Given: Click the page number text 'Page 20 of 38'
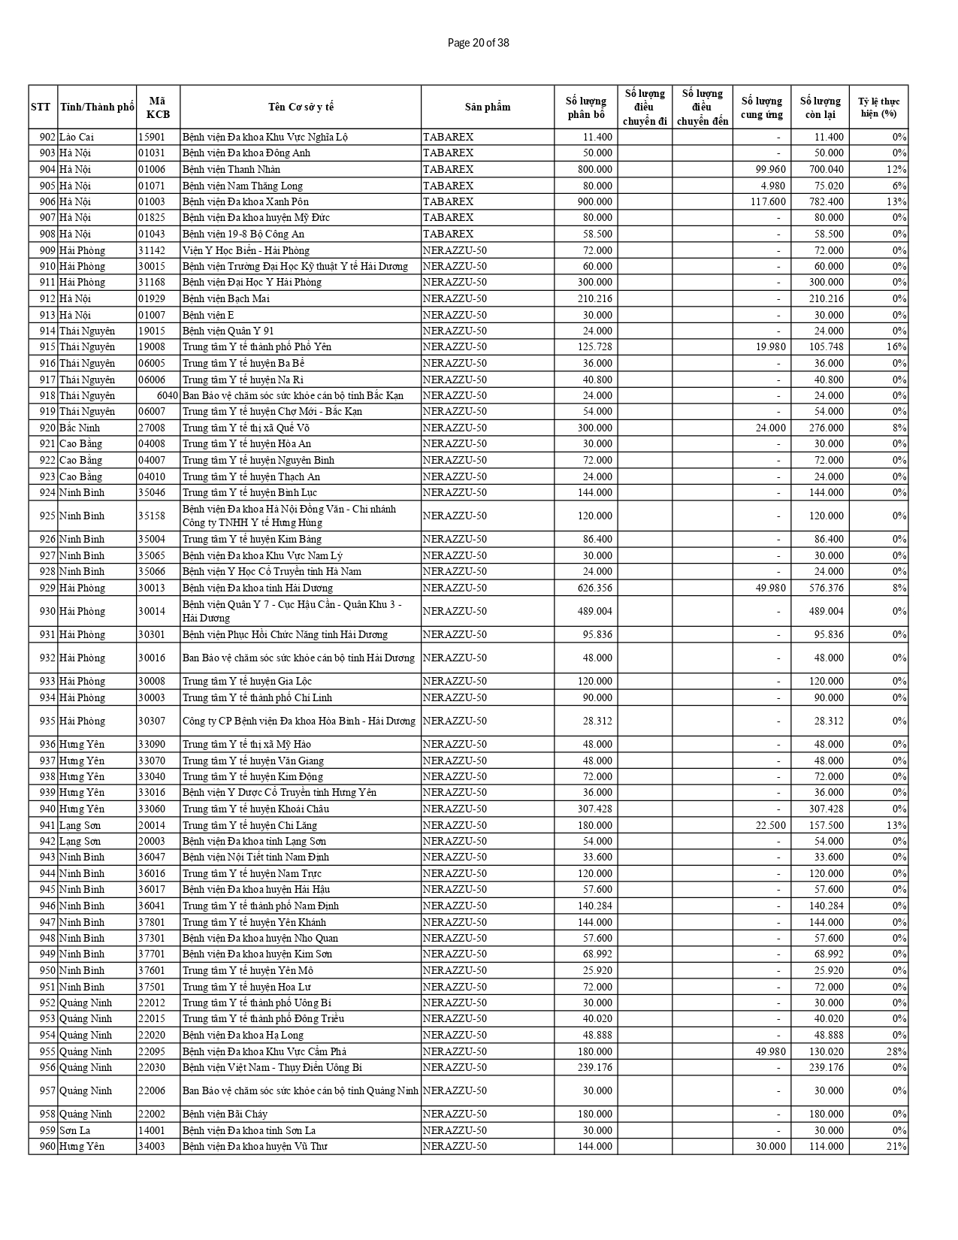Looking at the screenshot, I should (x=478, y=43).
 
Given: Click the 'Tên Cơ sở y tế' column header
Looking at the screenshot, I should (x=301, y=107).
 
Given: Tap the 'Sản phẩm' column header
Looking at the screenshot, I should (x=487, y=107).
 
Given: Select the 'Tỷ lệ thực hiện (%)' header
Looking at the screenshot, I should (x=878, y=107).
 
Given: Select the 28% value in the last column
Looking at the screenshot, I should (x=899, y=1051).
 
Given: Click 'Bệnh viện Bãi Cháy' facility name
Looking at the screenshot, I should (x=225, y=1114).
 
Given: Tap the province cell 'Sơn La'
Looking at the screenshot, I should (x=75, y=1130).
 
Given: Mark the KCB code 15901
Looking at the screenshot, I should (x=152, y=137).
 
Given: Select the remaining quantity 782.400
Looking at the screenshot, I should (x=826, y=201).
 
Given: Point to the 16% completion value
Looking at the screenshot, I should (x=899, y=346).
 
